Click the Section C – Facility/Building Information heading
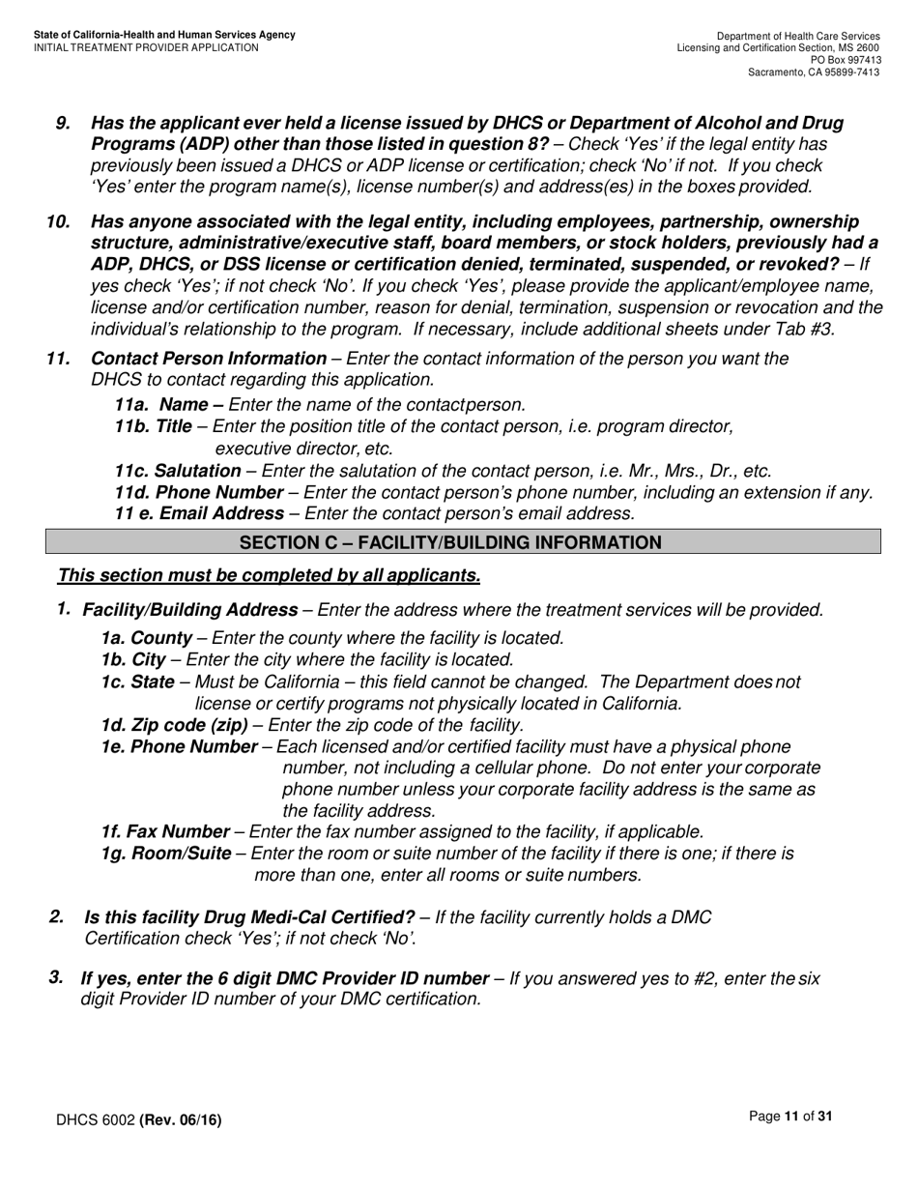pyautogui.click(x=450, y=542)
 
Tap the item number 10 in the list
pyautogui.click(x=58, y=221)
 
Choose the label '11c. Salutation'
pyautogui.click(x=178, y=471)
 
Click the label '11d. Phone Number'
pyautogui.click(x=186, y=493)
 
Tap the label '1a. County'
pyautogui.click(x=146, y=638)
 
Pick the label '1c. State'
pyautogui.click(x=137, y=681)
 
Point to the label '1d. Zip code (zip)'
pyautogui.click(x=174, y=725)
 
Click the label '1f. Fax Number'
pyautogui.click(x=165, y=831)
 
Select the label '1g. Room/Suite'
pyautogui.click(x=166, y=853)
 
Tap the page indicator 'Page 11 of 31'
pyautogui.click(x=790, y=1116)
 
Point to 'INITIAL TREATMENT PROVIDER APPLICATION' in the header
pyautogui.click(x=146, y=47)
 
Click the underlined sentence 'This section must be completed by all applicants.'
pyautogui.click(x=269, y=576)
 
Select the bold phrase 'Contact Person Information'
pyautogui.click(x=209, y=359)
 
